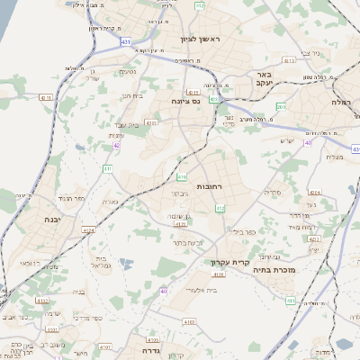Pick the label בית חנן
pyautogui.click(x=132, y=95)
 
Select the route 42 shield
pyautogui.click(x=116, y=144)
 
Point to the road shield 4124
pyautogui.click(x=88, y=231)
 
